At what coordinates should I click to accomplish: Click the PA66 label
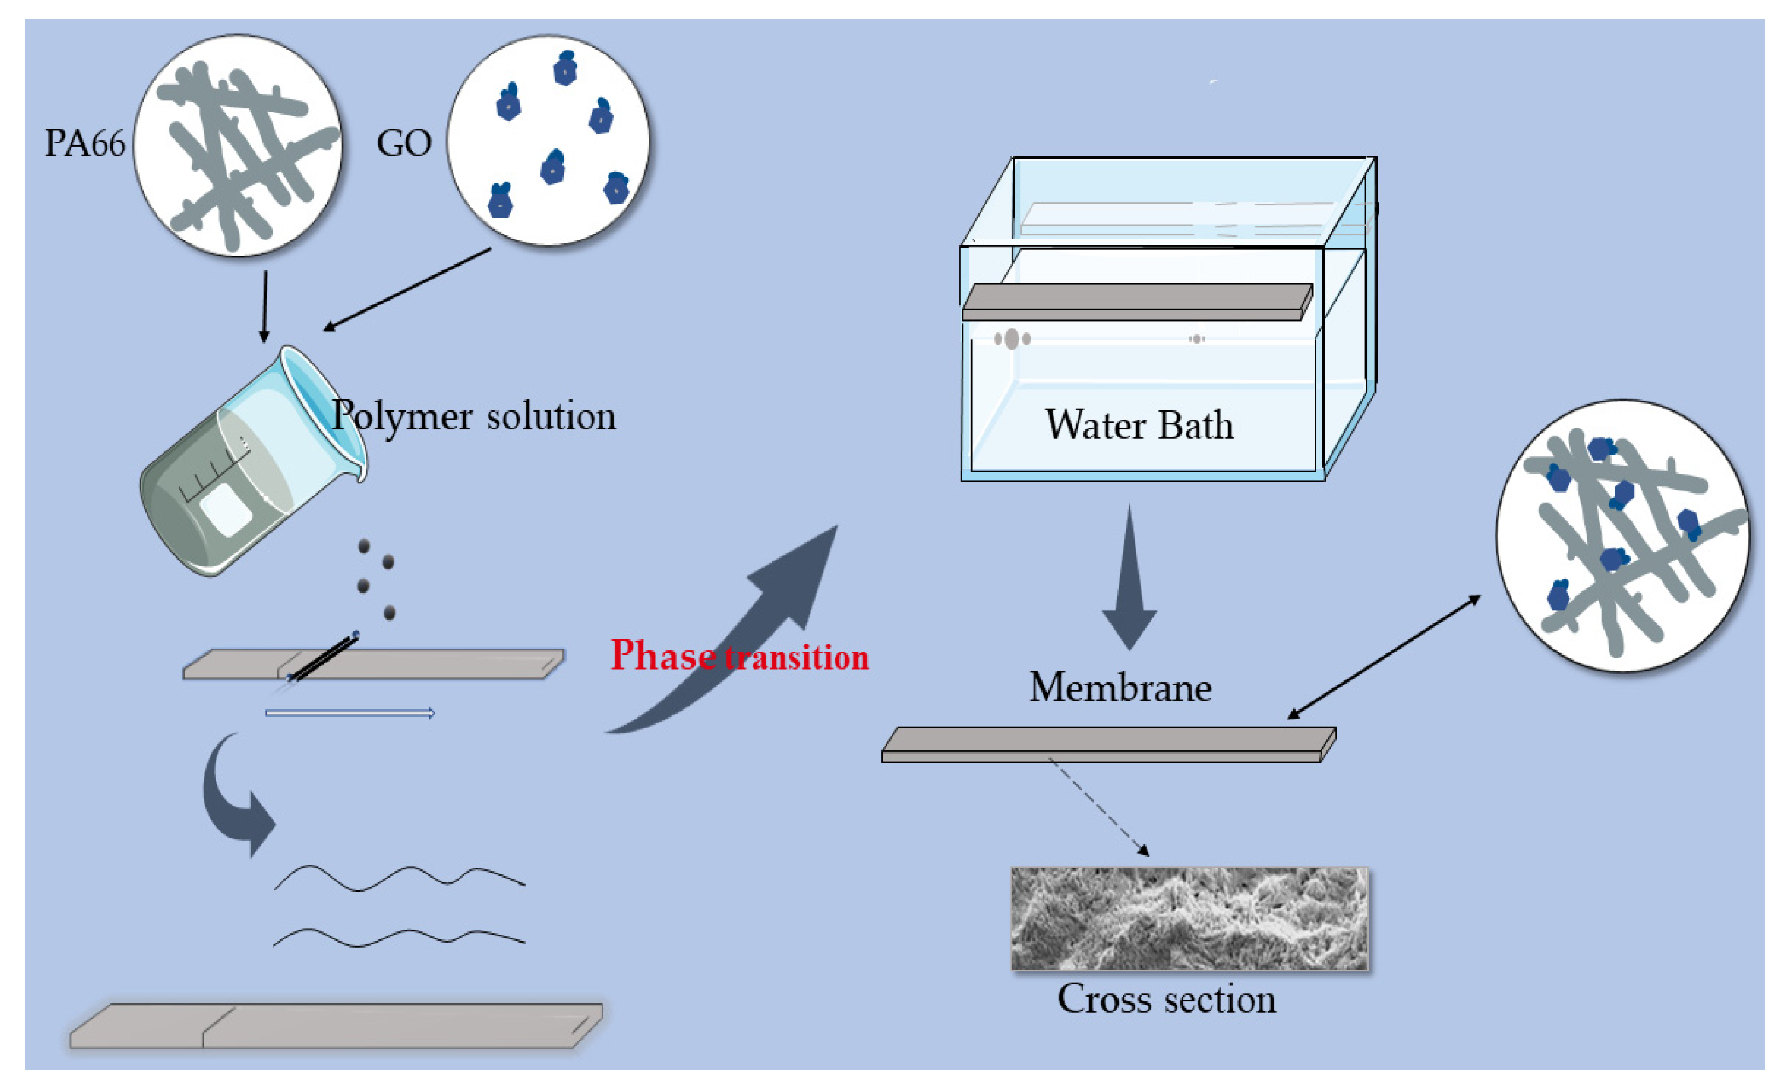click(x=85, y=143)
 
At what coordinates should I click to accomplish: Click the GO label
click(x=404, y=143)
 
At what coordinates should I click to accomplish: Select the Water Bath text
click(x=1139, y=425)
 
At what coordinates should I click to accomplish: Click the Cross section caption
click(x=1166, y=999)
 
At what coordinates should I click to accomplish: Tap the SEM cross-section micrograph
click(x=1189, y=918)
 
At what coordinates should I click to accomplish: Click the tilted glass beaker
click(x=247, y=465)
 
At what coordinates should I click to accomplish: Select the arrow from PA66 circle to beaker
click(x=265, y=305)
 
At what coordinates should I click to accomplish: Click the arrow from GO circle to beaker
click(x=407, y=289)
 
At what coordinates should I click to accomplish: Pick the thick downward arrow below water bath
click(x=1129, y=582)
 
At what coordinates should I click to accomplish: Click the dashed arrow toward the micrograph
click(x=1098, y=807)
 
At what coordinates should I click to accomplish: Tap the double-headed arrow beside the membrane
click(x=1384, y=657)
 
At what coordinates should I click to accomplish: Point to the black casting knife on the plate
click(x=324, y=658)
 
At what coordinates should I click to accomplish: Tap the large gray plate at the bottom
click(x=335, y=1026)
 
